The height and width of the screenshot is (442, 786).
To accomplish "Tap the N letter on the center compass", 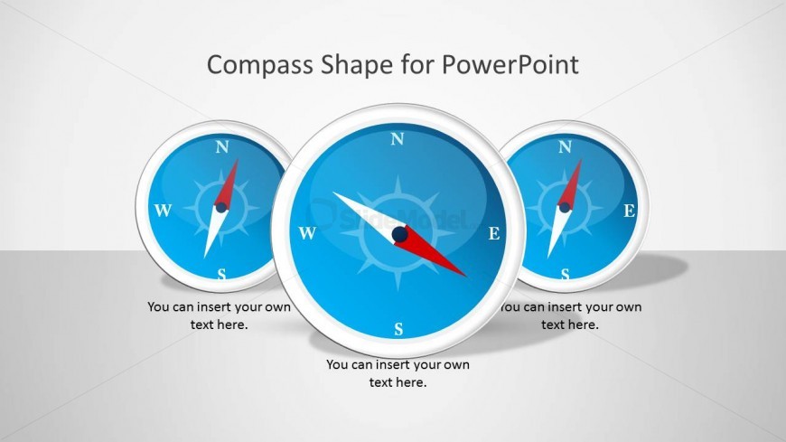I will tap(397, 139).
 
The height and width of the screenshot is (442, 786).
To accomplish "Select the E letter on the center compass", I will tap(494, 234).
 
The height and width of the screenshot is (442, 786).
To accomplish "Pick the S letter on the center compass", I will tap(398, 330).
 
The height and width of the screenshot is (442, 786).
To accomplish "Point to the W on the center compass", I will tap(307, 234).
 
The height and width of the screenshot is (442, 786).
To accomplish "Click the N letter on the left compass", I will tap(222, 147).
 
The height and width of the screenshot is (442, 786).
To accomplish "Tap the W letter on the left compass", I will tap(163, 212).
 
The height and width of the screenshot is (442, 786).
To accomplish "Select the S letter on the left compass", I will tap(222, 274).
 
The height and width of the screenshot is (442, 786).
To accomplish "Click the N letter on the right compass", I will tap(566, 147).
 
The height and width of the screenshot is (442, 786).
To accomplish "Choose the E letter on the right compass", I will tap(630, 212).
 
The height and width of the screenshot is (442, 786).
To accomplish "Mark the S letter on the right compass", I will tap(566, 274).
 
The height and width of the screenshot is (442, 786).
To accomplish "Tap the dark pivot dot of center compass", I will tap(399, 235).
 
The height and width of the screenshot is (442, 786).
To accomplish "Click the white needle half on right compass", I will tap(556, 232).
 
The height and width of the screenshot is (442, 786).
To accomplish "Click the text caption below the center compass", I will tap(398, 373).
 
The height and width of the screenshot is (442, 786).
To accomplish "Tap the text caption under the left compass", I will tap(220, 315).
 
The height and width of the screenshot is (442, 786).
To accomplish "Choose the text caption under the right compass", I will tap(572, 315).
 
